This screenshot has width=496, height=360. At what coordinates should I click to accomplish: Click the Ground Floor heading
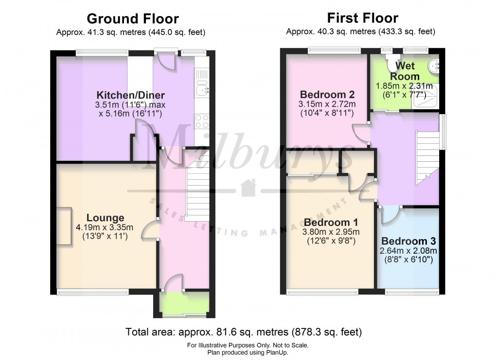point(132,19)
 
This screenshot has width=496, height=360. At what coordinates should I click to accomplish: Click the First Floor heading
point(362,18)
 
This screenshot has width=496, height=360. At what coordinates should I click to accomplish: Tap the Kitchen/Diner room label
point(130,95)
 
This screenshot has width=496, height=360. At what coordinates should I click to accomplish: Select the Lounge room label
point(105,218)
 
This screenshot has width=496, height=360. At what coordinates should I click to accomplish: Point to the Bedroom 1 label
point(323,222)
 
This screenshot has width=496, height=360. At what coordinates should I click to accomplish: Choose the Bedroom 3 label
point(408,241)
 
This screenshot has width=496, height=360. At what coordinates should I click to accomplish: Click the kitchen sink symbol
point(202,89)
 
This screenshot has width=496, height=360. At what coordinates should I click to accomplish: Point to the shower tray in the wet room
point(425,96)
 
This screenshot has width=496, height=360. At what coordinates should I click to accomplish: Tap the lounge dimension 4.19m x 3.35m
point(105,227)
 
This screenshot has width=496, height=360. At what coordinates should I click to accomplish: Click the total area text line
point(244,333)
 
